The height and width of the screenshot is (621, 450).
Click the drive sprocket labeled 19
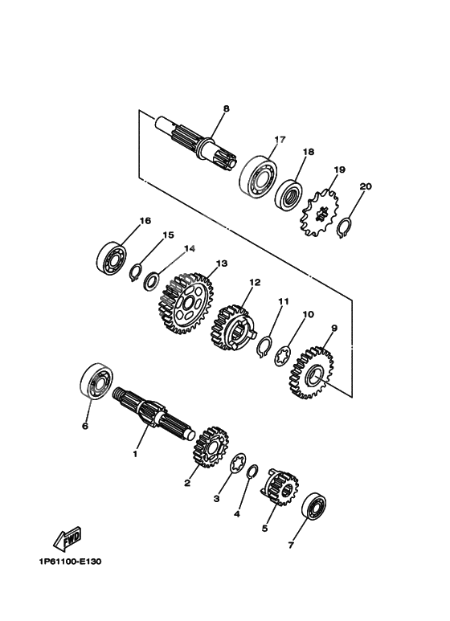tap(320, 213)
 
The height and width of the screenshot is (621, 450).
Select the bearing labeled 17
tap(259, 177)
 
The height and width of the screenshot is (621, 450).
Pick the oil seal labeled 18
tap(289, 196)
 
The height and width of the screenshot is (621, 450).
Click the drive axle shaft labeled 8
tap(195, 141)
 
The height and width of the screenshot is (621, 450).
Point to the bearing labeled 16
tap(112, 258)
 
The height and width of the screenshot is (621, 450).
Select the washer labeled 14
tap(152, 281)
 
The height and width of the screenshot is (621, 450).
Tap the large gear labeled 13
tap(186, 302)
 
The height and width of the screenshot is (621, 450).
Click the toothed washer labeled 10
tap(283, 356)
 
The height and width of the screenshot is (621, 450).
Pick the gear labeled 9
tap(311, 371)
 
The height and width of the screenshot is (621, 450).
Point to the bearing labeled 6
tap(96, 379)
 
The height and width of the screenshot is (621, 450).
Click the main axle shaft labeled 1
tap(153, 412)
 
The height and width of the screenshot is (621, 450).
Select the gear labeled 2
tap(211, 447)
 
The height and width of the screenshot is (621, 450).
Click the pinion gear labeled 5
tap(279, 487)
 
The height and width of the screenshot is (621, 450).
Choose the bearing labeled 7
tap(314, 505)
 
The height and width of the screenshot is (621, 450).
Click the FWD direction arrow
tap(67, 538)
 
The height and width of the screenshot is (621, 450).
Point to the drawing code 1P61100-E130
tap(70, 562)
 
